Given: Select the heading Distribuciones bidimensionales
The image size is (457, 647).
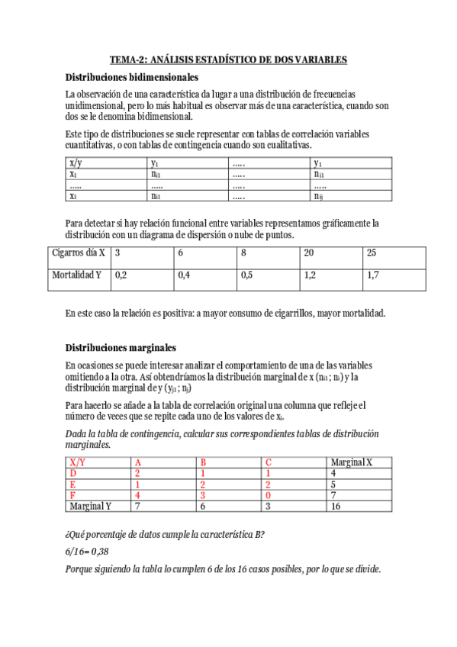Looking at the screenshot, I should [x=132, y=77].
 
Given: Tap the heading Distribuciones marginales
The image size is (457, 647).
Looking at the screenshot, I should [x=121, y=346].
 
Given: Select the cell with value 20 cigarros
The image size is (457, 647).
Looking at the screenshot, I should [x=309, y=253].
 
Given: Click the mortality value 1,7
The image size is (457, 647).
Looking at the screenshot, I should [x=373, y=275].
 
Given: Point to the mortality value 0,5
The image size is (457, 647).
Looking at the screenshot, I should [x=246, y=275].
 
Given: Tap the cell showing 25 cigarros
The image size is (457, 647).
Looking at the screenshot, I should [x=372, y=253].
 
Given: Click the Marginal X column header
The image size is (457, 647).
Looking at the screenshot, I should [x=351, y=462].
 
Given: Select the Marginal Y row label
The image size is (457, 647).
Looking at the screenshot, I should [x=90, y=505].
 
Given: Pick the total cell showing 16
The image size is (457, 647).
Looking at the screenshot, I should [x=336, y=505].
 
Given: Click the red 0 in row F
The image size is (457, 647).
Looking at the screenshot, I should [x=268, y=494].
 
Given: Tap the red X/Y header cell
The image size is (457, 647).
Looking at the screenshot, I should [x=78, y=462].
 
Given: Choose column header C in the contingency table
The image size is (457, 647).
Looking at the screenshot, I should [x=269, y=462].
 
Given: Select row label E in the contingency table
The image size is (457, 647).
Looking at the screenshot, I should [x=72, y=484].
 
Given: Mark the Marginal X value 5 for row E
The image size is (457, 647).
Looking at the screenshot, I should [x=333, y=484].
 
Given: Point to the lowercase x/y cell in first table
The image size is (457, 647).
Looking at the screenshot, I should [x=76, y=163].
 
